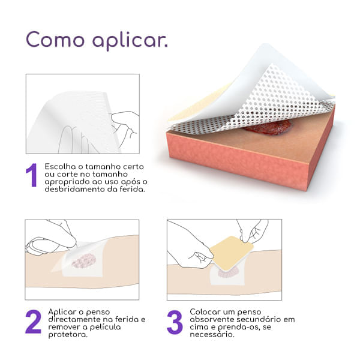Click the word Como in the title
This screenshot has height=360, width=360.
55,39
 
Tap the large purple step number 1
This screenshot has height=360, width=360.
32,175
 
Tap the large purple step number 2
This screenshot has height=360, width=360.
33,322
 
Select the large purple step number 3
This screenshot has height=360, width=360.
175,322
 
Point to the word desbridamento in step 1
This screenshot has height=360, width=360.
75,189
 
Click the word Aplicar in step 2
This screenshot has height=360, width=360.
62,312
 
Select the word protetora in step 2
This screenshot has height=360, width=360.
68,335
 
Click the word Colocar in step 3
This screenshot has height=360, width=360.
205,312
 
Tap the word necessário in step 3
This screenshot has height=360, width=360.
212,335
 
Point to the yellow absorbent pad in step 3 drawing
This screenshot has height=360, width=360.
232,253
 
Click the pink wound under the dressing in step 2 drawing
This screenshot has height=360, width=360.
84,261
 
